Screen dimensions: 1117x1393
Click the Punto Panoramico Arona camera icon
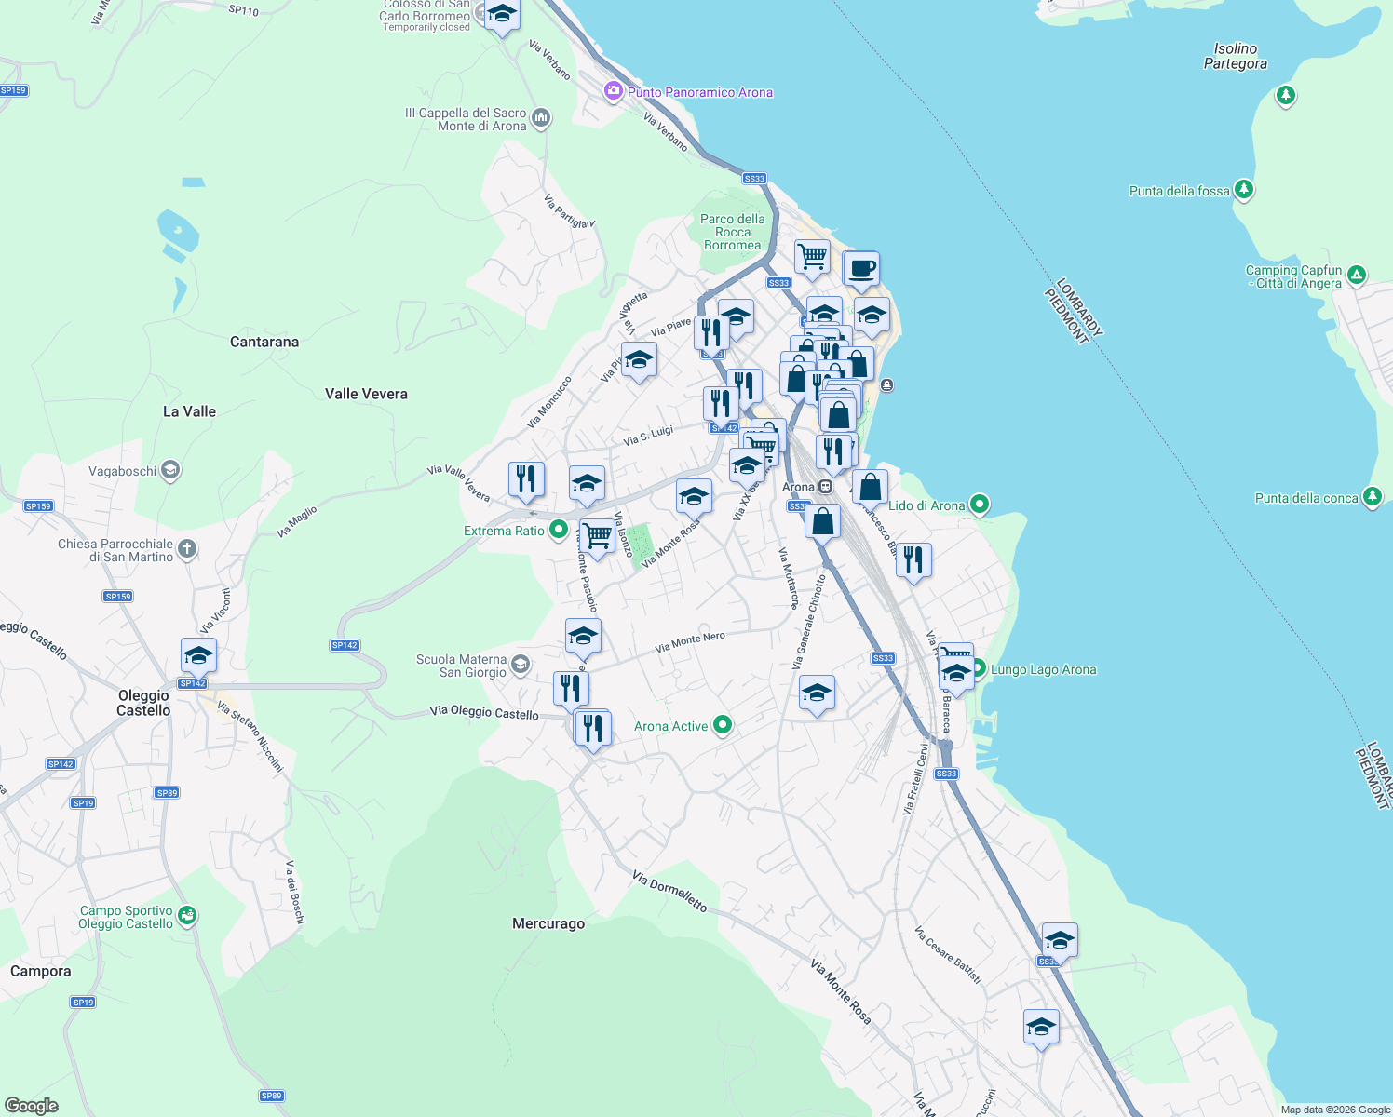point(613,91)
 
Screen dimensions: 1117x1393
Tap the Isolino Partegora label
point(1235,56)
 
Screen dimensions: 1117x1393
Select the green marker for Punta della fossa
point(1244,190)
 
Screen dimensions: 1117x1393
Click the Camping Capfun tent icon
point(1357,275)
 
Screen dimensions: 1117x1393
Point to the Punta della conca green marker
point(1372,497)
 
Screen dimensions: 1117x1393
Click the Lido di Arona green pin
point(979,505)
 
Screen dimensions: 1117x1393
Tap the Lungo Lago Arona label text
point(1043,669)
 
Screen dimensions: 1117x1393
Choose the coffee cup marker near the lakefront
point(861,269)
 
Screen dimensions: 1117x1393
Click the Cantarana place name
point(264,342)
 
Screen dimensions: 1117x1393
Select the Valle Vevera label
point(366,394)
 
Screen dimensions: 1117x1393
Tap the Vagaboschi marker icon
point(170,470)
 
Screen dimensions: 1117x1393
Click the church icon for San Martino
point(187,548)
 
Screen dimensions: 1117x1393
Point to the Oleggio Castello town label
point(143,703)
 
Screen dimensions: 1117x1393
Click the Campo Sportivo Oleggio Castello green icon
point(187,916)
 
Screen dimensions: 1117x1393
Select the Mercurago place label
point(548,923)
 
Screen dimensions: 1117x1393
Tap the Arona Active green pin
point(723,725)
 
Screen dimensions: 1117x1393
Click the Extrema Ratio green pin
point(558,530)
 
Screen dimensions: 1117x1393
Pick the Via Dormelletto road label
point(669,891)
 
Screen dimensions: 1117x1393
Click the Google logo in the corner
point(32,1105)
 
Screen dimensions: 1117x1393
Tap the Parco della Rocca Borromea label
point(733,232)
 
